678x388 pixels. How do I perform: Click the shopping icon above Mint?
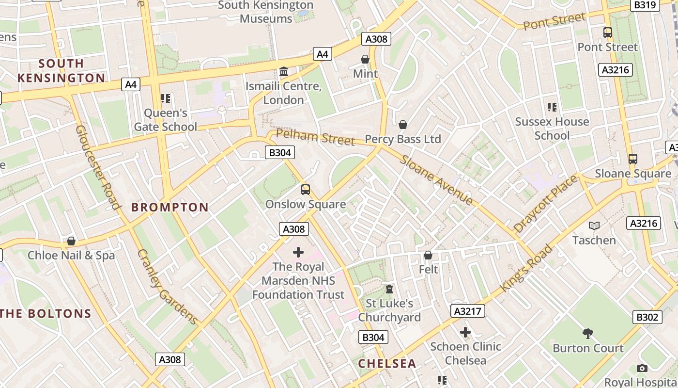(x=365, y=59)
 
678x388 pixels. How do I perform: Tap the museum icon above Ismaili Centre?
(x=284, y=72)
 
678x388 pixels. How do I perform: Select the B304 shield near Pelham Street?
(x=280, y=152)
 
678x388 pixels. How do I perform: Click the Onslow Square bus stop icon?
(x=306, y=189)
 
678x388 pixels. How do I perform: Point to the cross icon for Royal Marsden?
(x=298, y=252)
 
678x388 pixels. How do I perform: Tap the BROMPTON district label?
(x=170, y=207)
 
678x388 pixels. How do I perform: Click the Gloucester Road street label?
(x=97, y=167)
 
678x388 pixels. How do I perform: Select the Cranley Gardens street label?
(x=167, y=287)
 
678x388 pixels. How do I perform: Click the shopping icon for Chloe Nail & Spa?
(x=71, y=241)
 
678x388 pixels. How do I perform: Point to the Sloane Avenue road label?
(x=437, y=180)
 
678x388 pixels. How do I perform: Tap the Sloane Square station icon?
(x=632, y=159)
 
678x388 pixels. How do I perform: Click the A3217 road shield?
(x=467, y=311)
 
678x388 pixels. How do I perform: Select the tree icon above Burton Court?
(x=588, y=333)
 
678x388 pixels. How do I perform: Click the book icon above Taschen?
(x=594, y=226)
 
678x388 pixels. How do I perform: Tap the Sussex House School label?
(x=552, y=129)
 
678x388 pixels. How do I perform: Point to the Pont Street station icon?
(x=607, y=32)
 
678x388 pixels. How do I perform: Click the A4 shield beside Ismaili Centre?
(x=323, y=54)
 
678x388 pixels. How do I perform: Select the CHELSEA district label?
(x=387, y=363)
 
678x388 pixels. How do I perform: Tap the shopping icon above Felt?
(x=428, y=255)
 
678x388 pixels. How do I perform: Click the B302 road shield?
(x=647, y=317)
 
